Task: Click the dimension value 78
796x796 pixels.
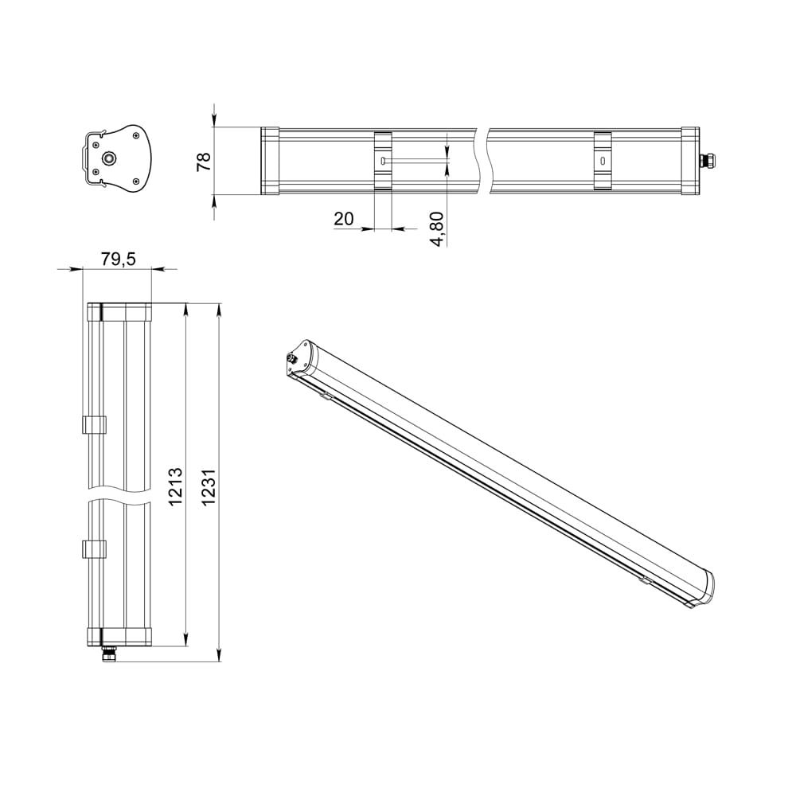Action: click(x=204, y=161)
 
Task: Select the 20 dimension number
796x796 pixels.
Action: click(x=344, y=219)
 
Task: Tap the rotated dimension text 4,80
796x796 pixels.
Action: click(x=437, y=228)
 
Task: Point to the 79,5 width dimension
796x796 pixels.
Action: click(x=118, y=259)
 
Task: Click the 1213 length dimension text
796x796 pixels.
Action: click(x=177, y=486)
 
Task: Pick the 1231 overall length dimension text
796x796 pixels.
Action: click(x=209, y=486)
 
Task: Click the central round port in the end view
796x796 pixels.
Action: click(x=109, y=158)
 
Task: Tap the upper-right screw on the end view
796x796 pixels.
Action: click(x=139, y=136)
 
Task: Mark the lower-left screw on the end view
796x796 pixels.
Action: click(x=96, y=171)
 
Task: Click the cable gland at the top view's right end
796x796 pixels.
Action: click(x=705, y=161)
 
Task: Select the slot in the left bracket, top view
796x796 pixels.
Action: click(x=383, y=161)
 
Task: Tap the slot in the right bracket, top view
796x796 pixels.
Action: click(x=603, y=161)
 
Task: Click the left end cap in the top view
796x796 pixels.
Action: click(x=270, y=161)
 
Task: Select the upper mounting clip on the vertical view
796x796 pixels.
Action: click(x=94, y=424)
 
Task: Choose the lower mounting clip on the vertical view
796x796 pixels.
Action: click(x=94, y=548)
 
